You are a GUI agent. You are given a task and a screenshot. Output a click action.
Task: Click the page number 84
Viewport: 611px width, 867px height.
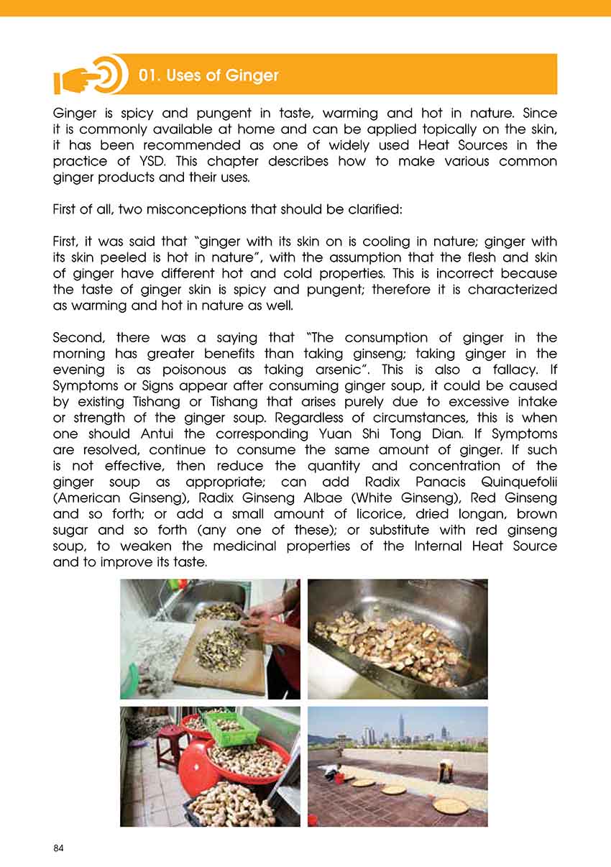click(x=59, y=849)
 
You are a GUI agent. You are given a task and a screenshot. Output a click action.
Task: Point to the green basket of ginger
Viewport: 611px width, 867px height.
click(x=231, y=728)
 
